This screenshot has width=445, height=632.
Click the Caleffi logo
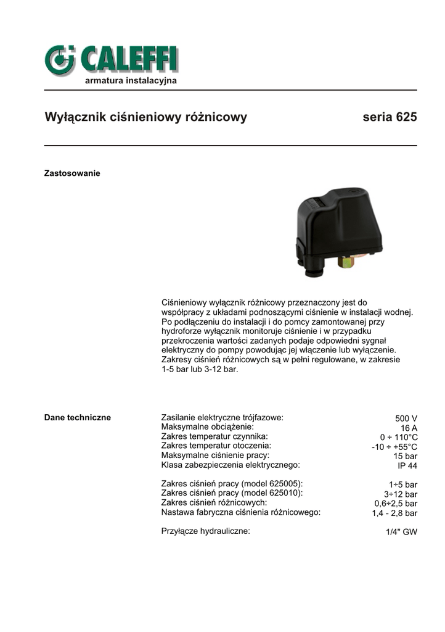click(111, 60)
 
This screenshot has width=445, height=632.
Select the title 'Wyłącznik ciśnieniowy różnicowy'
click(146, 117)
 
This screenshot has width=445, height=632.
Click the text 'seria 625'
click(390, 117)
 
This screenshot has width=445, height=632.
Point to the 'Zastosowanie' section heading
click(72, 173)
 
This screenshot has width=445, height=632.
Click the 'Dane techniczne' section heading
click(78, 418)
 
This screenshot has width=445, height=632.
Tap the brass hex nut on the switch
click(345, 263)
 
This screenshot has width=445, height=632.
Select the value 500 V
click(406, 418)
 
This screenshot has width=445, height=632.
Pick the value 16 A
click(409, 428)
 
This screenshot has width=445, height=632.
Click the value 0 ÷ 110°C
click(399, 438)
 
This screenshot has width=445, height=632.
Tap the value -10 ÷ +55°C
click(394, 447)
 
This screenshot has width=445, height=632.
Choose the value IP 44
click(407, 466)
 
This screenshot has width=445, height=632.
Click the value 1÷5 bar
click(403, 484)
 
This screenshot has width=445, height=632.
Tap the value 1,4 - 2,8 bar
click(394, 513)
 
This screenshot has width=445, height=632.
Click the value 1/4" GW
click(401, 531)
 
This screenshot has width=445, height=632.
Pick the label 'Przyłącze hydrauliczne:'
click(205, 531)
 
